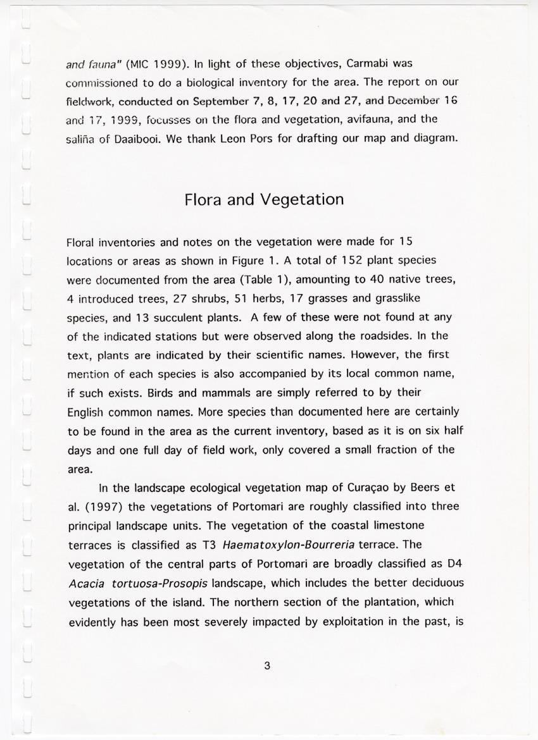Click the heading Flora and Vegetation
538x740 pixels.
click(264, 200)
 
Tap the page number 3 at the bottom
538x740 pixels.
click(267, 665)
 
